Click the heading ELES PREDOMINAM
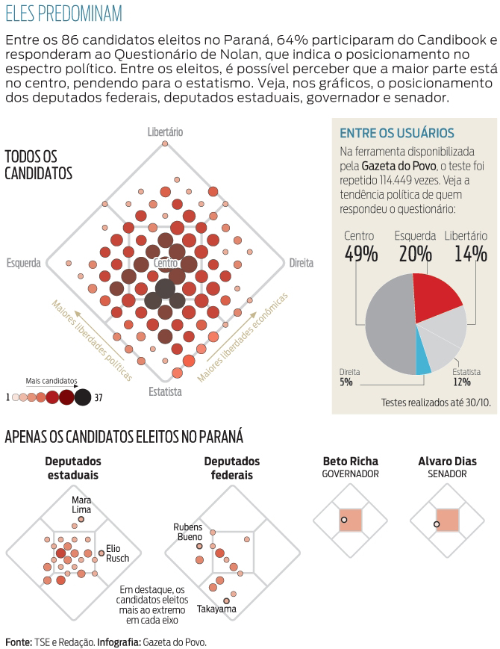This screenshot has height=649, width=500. pos(63,14)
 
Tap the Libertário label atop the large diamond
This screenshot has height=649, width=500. pos(165,132)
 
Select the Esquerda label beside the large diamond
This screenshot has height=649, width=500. pos(23,263)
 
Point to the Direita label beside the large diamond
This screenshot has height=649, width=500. pos(301,263)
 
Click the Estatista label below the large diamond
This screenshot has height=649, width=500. pos(165,391)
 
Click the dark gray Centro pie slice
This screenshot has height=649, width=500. pos(388,325)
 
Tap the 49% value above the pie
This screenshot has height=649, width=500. pos(361,254)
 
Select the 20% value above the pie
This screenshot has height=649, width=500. pos(416,254)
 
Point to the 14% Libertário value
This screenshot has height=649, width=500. pos(470,254)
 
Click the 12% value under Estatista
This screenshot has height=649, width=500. pos(461,382)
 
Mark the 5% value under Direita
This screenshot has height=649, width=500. pos(346,382)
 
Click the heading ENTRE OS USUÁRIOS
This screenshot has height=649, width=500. pos(396,133)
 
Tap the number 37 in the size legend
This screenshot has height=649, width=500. pos(98,397)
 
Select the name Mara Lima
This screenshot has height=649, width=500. pos(81,504)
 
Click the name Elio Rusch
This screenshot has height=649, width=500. pos(118,553)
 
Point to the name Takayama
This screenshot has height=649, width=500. pos(216,609)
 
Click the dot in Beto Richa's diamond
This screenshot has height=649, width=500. pos(343,519)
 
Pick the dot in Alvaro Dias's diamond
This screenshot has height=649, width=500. pos(437,524)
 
